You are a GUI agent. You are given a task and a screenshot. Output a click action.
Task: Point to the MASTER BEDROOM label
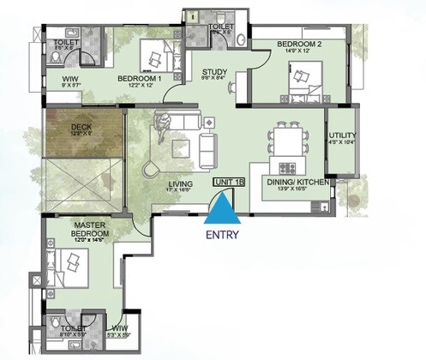(x=89, y=231)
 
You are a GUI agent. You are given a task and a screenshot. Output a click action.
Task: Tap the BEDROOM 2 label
(x=297, y=42)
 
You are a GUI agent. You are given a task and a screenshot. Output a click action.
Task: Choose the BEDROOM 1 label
(x=141, y=79)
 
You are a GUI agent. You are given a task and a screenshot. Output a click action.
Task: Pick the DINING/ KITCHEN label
(x=296, y=182)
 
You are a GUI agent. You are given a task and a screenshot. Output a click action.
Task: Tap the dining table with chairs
(x=287, y=137)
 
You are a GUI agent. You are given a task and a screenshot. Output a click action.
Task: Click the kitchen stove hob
(x=285, y=165)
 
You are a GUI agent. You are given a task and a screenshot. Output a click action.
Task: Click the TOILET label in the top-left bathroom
(x=66, y=40)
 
